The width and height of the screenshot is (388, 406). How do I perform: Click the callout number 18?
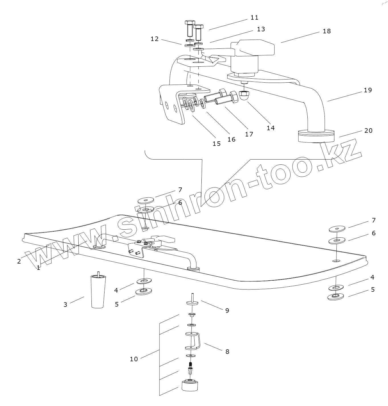(327, 31)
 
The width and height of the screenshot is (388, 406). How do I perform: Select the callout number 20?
(368, 130)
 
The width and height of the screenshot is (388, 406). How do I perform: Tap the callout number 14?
(271, 128)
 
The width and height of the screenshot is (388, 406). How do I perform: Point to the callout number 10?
(134, 359)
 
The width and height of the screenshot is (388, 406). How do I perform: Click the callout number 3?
(65, 305)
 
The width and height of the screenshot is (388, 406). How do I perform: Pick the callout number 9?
(227, 310)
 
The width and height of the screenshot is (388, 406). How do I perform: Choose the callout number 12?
(154, 39)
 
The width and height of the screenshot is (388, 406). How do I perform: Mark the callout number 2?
(19, 261)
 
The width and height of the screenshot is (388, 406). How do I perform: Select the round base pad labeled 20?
(316, 136)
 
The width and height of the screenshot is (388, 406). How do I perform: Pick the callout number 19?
(368, 90)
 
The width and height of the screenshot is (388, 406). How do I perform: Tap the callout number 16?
(231, 139)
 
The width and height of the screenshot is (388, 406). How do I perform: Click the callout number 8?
(227, 352)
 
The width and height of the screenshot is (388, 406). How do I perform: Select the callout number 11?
(254, 17)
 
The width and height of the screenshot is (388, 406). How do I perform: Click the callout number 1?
(38, 268)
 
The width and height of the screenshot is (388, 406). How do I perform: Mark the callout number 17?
(249, 134)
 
